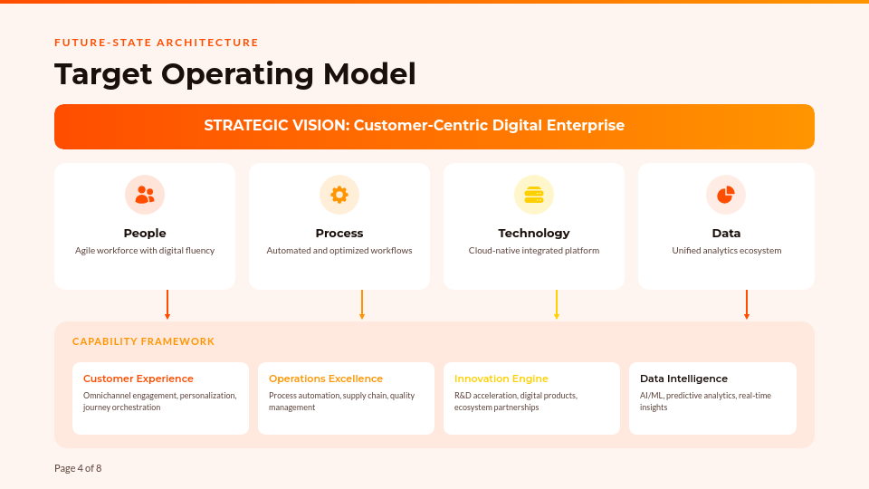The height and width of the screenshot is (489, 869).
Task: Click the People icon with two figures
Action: click(145, 195)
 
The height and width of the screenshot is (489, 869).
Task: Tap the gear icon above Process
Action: click(339, 195)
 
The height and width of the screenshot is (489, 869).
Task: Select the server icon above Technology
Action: click(534, 195)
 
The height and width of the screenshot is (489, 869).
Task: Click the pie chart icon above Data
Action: click(726, 195)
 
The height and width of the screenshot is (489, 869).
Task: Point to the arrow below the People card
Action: click(167, 305)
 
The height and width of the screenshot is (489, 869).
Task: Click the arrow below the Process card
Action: click(362, 305)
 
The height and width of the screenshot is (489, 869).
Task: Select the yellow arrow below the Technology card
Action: click(557, 305)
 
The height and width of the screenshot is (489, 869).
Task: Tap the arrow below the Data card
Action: click(747, 305)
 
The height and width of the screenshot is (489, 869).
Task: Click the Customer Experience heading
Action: click(138, 379)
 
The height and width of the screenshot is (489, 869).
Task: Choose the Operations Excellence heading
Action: click(326, 379)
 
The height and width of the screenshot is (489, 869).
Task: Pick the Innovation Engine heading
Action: click(501, 379)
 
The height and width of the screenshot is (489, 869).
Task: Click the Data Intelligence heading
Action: click(683, 379)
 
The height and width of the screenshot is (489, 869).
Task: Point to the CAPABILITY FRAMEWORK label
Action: click(143, 341)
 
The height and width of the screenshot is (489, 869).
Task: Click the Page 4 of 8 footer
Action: click(78, 468)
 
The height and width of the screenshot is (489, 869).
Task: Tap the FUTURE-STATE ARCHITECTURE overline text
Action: click(157, 43)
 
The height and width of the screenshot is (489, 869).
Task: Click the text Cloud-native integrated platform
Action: click(534, 251)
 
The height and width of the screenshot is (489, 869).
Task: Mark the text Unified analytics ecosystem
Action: click(726, 251)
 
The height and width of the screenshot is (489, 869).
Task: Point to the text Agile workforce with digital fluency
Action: click(145, 251)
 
